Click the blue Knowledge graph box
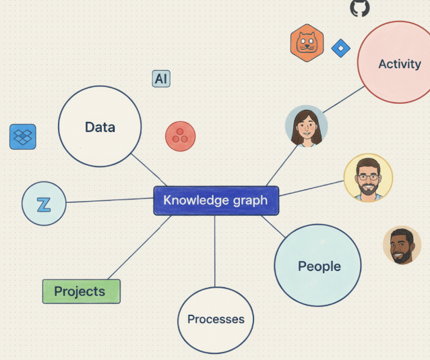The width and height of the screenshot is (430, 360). click(216, 200)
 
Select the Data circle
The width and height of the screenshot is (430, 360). click(100, 127)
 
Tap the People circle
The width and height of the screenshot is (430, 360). click(318, 266)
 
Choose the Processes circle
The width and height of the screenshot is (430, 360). click(216, 320)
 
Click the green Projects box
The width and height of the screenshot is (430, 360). click(81, 291)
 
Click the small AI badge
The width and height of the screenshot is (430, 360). click(161, 79)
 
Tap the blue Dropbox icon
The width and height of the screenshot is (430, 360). click(23, 137)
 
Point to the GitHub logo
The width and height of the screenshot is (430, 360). click(360, 8)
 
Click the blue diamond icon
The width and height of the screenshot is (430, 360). click(341, 49)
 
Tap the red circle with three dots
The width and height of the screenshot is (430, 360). click(180, 136)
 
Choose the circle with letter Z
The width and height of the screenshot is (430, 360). click(44, 204)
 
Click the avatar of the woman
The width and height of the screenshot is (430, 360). click(306, 126)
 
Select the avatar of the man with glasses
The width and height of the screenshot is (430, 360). click(367, 177)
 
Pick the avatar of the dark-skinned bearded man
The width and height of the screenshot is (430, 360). click(402, 245)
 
